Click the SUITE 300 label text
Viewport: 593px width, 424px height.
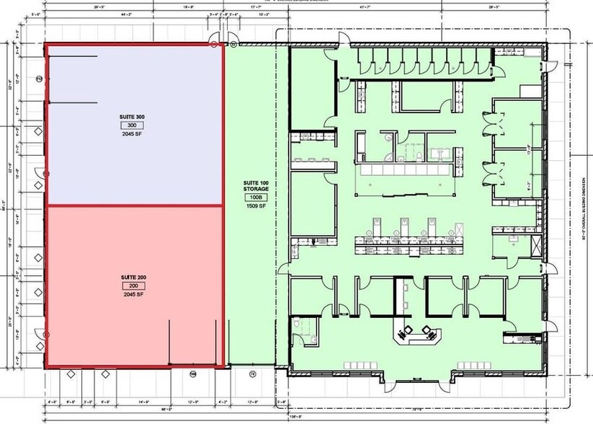[x=132, y=117]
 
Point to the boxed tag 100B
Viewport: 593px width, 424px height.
[x=255, y=197]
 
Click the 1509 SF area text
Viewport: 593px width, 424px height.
[x=255, y=206]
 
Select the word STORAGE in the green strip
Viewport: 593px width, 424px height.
[x=255, y=189]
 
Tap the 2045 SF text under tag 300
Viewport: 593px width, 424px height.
[x=132, y=134]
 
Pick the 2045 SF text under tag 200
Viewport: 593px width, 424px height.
[x=132, y=295]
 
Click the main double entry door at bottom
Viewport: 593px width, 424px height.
[x=417, y=378]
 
